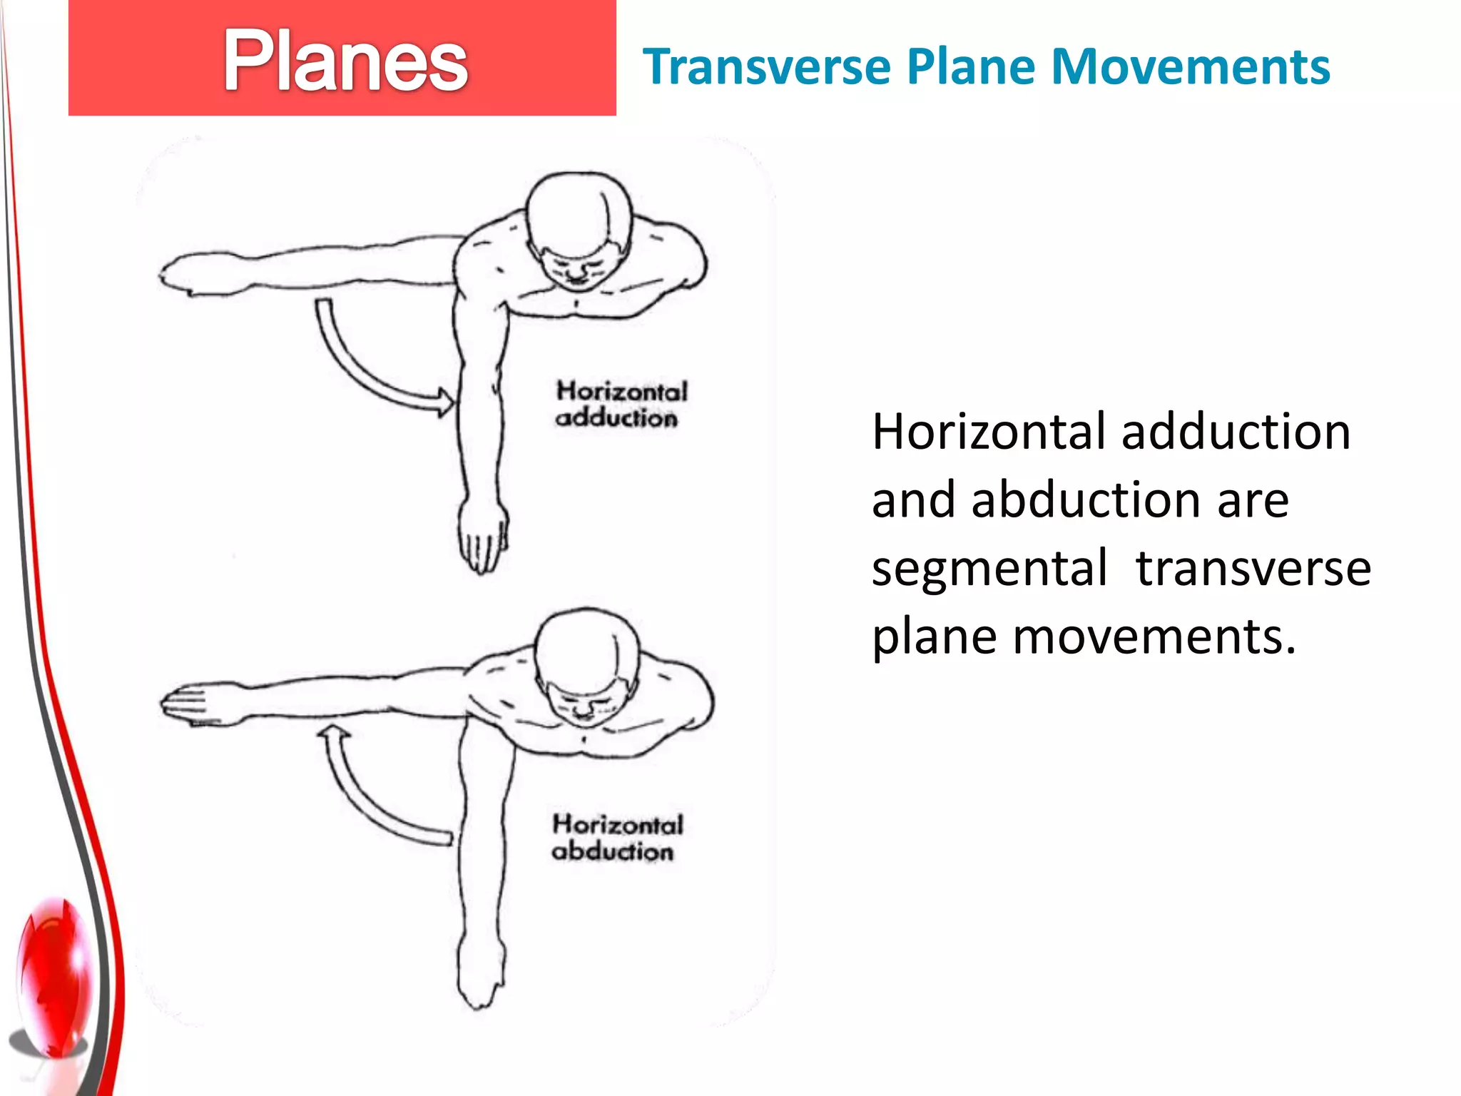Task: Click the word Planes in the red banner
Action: [345, 61]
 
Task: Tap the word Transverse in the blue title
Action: [766, 67]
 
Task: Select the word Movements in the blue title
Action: [1191, 67]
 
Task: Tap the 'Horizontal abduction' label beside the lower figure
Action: [616, 838]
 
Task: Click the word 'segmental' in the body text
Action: [989, 569]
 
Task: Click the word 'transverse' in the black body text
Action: [1253, 568]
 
